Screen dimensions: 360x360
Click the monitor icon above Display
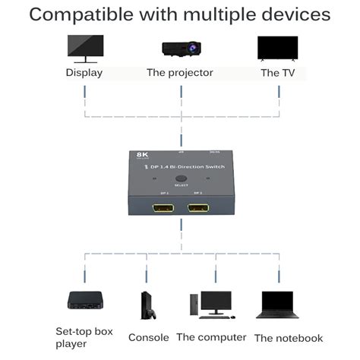coord(84,47)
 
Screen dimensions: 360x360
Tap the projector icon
coord(180,48)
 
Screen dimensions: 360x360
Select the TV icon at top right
coord(277,48)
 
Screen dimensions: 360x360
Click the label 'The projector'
coord(180,73)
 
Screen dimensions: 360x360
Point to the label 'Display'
coord(84,73)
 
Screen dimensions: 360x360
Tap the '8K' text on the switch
coord(142,155)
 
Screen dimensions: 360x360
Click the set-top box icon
coord(84,301)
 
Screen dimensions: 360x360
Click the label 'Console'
coord(148,337)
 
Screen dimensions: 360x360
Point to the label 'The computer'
coord(211,337)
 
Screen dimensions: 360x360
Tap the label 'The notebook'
coord(289,338)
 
